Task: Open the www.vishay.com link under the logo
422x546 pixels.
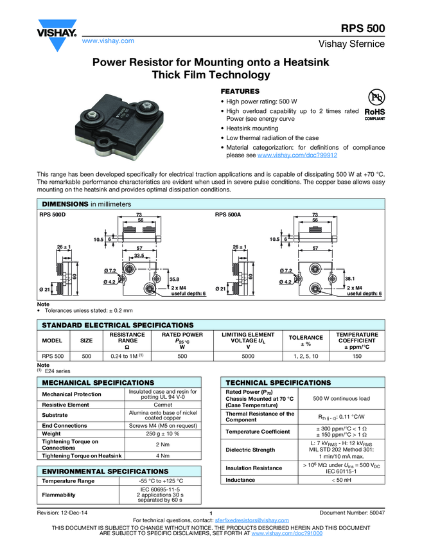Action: pos(108,40)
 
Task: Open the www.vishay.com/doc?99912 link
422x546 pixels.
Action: pos(297,155)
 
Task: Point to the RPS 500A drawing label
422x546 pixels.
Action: pos(228,215)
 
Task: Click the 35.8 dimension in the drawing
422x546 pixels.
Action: pos(173,279)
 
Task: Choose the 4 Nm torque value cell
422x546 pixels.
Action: pos(163,455)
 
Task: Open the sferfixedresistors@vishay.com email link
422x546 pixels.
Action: pos(252,519)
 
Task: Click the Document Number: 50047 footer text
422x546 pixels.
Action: pos(352,512)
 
